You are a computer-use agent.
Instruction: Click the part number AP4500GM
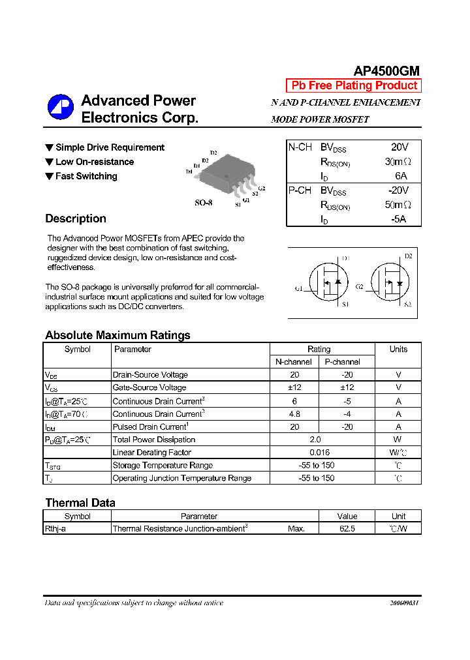[x=386, y=71]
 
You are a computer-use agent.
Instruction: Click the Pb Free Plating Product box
[x=354, y=85]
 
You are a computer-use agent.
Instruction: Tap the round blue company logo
[x=60, y=108]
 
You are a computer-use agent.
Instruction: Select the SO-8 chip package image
[x=225, y=173]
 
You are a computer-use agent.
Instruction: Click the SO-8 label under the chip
[x=204, y=203]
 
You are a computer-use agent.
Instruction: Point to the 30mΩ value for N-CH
[x=398, y=162]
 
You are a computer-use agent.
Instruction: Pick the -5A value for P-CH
[x=399, y=219]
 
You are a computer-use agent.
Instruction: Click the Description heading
[x=76, y=219]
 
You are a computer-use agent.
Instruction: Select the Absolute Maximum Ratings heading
[x=117, y=335]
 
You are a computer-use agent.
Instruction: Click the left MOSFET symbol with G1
[x=326, y=283]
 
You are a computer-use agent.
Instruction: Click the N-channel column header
[x=294, y=362]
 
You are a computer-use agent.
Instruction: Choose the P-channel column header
[x=343, y=362]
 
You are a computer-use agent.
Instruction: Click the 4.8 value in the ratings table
[x=294, y=413]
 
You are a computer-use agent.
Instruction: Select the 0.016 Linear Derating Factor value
[x=319, y=453]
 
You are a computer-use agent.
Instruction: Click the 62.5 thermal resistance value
[x=347, y=529]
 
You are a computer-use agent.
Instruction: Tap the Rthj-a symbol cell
[x=55, y=529]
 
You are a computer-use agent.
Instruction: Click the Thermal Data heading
[x=80, y=503]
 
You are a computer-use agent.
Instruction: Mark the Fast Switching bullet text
[x=86, y=176]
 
